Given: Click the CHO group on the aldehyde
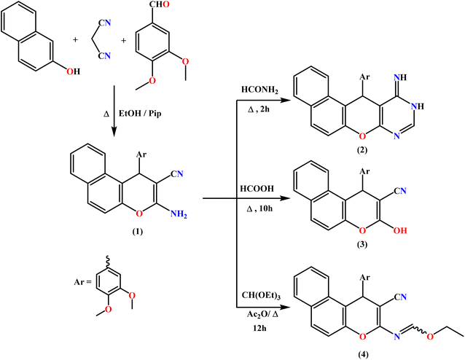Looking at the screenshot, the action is point(160,4).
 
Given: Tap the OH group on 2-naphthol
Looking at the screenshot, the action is point(74,71).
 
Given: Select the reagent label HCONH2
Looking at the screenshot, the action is point(259,90).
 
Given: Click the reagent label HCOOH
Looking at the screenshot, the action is point(257,189).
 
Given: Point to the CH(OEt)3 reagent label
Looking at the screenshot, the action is point(261,296).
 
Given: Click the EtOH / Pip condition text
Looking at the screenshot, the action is point(140,114).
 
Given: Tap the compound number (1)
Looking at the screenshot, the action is point(138,231).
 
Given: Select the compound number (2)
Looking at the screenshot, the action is point(362,150).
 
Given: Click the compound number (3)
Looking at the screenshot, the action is point(362,244).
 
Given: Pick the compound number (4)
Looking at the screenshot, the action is point(362,354).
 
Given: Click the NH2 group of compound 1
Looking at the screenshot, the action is point(179,214).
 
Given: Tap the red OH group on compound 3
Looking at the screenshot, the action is point(400,230).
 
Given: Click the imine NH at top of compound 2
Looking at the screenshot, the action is point(400,77).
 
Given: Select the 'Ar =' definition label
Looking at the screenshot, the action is point(83,282).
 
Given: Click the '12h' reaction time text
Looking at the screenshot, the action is point(259,328).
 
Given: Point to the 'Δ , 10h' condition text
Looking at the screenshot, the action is point(259,208).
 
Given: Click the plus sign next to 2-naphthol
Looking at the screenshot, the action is point(75,40).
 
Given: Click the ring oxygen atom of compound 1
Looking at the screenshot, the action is point(138,214).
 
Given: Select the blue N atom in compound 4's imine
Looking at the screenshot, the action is point(396,337).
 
